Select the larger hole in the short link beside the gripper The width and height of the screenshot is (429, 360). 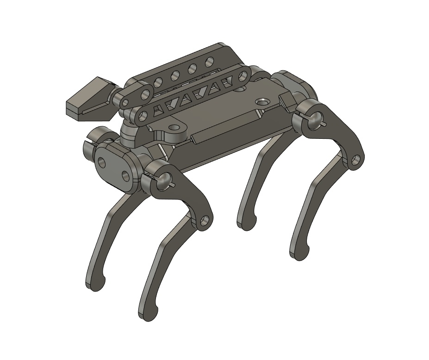click(145, 95)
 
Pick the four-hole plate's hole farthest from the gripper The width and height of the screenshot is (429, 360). click(209, 61)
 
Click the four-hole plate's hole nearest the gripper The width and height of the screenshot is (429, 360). click(158, 83)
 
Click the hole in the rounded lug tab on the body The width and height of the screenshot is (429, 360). click(174, 127)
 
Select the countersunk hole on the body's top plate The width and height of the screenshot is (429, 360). click(262, 100)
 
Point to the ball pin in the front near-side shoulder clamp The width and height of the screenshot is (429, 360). click(164, 181)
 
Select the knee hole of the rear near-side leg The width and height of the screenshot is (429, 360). click(355, 161)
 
